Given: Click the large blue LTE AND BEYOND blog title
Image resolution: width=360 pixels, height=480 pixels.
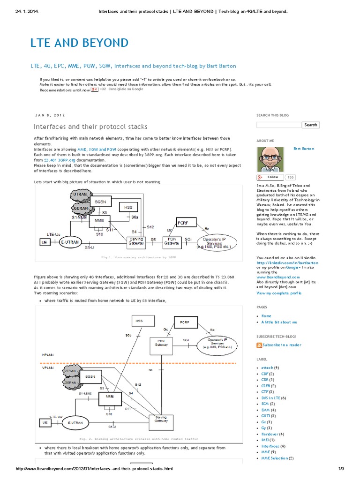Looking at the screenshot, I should (x=79, y=43).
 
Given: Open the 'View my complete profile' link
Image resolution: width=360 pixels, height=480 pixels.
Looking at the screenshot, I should (x=279, y=293).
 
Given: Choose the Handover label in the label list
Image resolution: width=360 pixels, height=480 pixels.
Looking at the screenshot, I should (x=270, y=434).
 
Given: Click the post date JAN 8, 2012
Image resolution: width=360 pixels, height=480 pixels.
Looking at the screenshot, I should (x=50, y=115).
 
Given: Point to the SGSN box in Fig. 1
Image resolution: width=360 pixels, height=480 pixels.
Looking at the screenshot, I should (x=100, y=202).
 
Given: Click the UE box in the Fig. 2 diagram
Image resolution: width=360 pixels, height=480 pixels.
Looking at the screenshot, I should (x=45, y=422).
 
